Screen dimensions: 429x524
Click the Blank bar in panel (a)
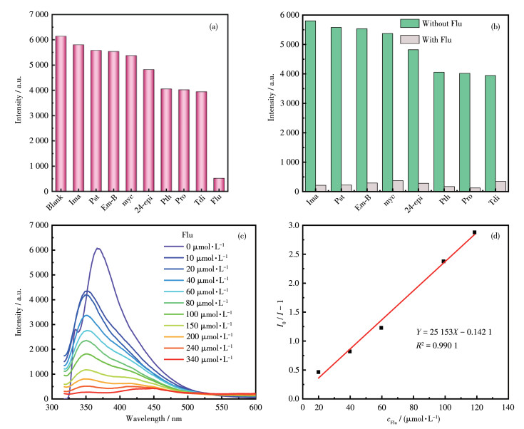pyautogui.click(x=61, y=114)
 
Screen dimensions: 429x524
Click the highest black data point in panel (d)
pyautogui.click(x=474, y=232)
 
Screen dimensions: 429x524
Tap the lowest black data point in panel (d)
pyautogui.click(x=318, y=372)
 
